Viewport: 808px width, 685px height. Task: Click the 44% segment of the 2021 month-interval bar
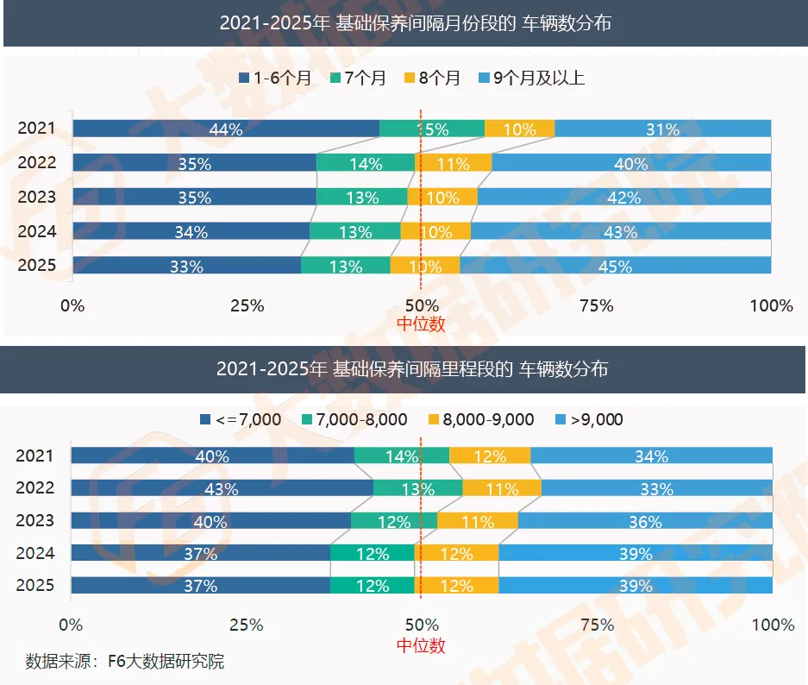pyautogui.click(x=226, y=129)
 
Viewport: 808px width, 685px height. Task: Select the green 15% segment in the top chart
pyautogui.click(x=432, y=129)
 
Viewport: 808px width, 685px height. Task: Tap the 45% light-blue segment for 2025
pyautogui.click(x=616, y=266)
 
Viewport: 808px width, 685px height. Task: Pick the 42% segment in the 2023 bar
pyautogui.click(x=624, y=197)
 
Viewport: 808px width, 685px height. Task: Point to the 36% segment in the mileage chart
pyautogui.click(x=645, y=520)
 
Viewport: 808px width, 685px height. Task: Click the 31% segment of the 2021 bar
pyautogui.click(x=662, y=129)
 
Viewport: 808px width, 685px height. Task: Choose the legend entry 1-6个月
pyautogui.click(x=275, y=78)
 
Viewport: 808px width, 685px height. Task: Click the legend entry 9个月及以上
pyautogui.click(x=531, y=78)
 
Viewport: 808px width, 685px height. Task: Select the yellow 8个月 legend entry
pyautogui.click(x=432, y=78)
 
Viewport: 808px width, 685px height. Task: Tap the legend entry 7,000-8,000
pyautogui.click(x=354, y=419)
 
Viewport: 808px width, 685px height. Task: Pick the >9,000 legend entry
pyautogui.click(x=590, y=419)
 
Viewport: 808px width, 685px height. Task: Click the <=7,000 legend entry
pyautogui.click(x=241, y=419)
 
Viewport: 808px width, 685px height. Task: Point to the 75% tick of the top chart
pyautogui.click(x=597, y=305)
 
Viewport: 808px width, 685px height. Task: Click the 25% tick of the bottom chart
pyautogui.click(x=247, y=625)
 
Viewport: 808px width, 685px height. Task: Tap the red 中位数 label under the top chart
pyautogui.click(x=421, y=324)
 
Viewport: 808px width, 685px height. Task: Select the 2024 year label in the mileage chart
pyautogui.click(x=35, y=553)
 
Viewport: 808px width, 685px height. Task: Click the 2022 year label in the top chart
pyautogui.click(x=36, y=162)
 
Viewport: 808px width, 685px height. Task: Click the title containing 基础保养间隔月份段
pyautogui.click(x=416, y=23)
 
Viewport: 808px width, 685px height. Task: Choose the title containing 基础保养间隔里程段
pyautogui.click(x=412, y=369)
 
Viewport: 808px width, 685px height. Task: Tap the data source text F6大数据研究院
pyautogui.click(x=125, y=662)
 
